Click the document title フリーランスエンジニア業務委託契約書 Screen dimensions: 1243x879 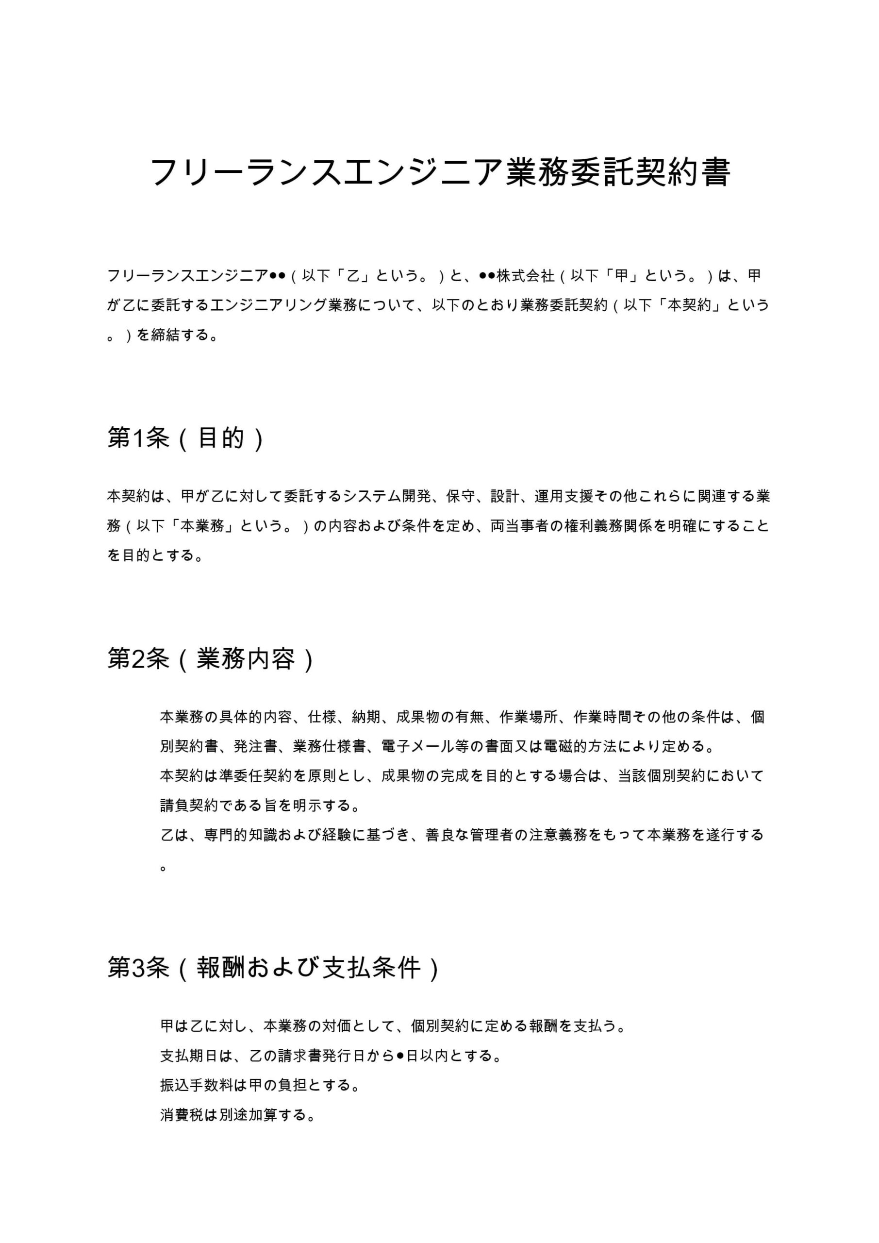(x=440, y=172)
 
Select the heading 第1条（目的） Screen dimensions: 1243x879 (x=185, y=438)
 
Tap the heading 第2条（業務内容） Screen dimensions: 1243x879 (x=211, y=659)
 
